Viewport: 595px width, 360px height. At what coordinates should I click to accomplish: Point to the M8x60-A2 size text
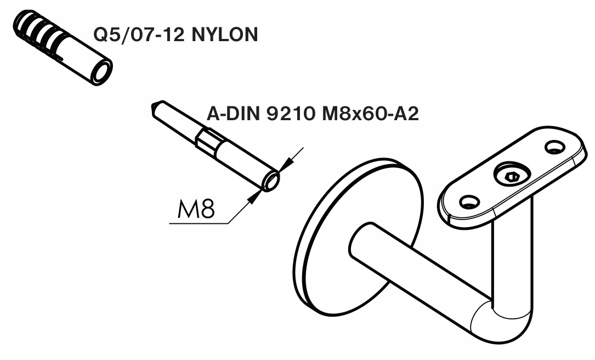point(370,114)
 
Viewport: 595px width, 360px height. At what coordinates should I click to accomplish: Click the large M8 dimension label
point(195,209)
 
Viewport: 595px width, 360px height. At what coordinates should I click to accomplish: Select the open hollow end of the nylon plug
point(101,71)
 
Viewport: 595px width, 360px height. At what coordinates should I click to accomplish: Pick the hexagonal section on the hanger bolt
point(208,142)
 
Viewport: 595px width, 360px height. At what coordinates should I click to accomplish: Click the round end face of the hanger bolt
point(271,180)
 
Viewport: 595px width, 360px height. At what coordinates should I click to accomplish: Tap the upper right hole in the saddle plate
point(554,147)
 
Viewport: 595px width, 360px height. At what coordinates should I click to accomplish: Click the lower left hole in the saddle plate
point(469,203)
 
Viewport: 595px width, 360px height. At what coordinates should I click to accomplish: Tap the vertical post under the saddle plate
point(513,258)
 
